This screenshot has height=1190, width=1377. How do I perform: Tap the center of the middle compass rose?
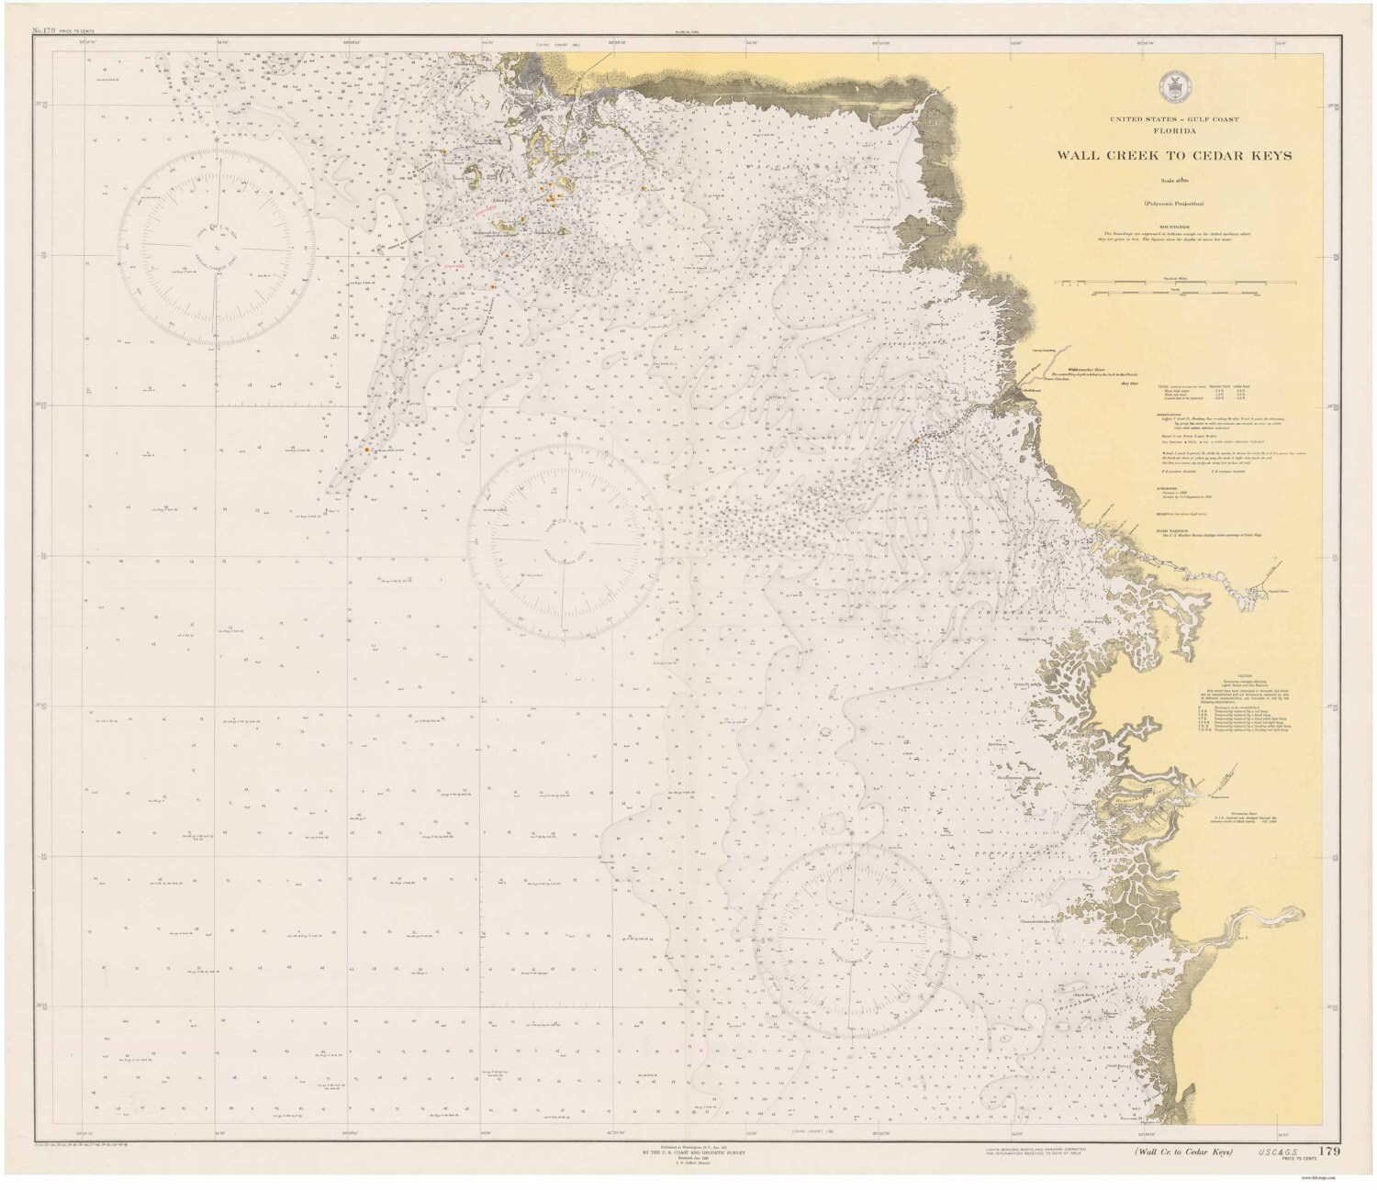pos(564,536)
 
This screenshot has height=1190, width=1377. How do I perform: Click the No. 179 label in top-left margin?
pos(43,31)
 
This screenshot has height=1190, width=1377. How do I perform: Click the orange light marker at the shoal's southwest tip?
pos(367,450)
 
